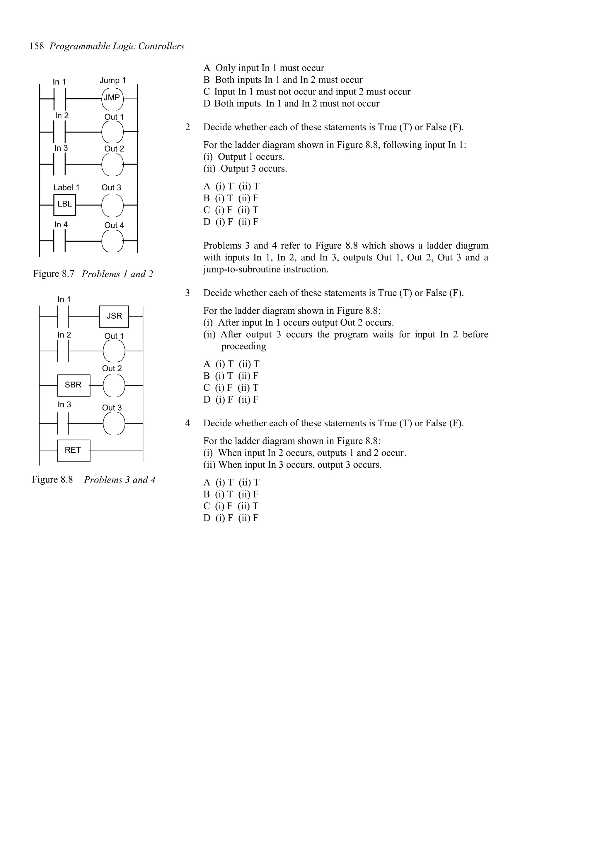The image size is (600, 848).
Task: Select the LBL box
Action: point(65,205)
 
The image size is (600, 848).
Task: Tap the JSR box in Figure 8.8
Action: point(114,317)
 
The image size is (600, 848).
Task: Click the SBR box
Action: point(74,385)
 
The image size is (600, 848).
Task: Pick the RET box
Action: point(74,451)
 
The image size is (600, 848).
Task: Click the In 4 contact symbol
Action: point(59,241)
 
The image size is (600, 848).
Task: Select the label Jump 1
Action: point(113,80)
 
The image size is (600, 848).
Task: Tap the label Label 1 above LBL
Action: point(66,188)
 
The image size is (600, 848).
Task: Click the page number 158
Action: point(37,46)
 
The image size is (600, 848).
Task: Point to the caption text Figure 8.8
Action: point(52,480)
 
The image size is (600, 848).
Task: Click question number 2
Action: point(187,127)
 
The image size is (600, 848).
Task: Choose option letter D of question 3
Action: point(207,400)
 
